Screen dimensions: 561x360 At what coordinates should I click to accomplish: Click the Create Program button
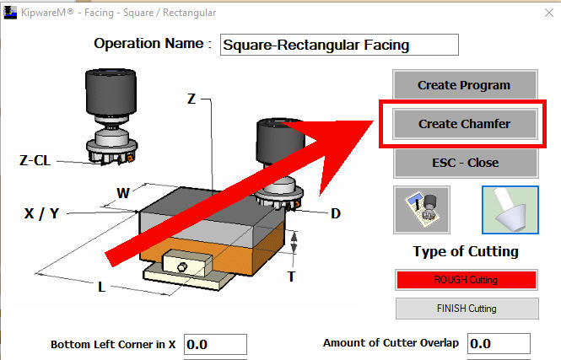point(465,84)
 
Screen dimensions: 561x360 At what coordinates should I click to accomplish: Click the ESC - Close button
point(466,163)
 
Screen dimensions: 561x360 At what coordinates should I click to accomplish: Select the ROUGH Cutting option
point(467,280)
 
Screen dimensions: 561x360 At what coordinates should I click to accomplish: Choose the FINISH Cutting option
point(467,309)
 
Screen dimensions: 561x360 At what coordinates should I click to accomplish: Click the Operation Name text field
point(339,45)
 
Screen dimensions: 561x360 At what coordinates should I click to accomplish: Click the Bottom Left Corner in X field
point(215,345)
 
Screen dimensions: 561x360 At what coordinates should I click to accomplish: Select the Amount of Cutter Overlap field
point(499,343)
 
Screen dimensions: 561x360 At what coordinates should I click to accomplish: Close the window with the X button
point(549,13)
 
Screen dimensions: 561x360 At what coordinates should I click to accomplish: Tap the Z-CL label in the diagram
point(35,160)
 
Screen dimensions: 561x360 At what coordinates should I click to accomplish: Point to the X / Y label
point(41,213)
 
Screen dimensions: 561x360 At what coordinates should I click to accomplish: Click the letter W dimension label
point(122,193)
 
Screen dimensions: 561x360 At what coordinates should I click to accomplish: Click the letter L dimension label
point(101,287)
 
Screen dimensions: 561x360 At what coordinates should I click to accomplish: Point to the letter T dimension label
point(291,277)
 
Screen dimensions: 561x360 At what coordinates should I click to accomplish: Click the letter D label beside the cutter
point(336,214)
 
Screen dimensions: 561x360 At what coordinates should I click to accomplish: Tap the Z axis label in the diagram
point(191,99)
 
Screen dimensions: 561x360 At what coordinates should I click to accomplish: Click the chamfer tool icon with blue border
point(510,210)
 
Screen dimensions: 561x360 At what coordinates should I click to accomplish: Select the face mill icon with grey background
point(422,210)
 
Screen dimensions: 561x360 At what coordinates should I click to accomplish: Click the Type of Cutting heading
point(466,252)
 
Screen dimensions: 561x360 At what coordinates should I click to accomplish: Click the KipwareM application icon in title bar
point(10,13)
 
